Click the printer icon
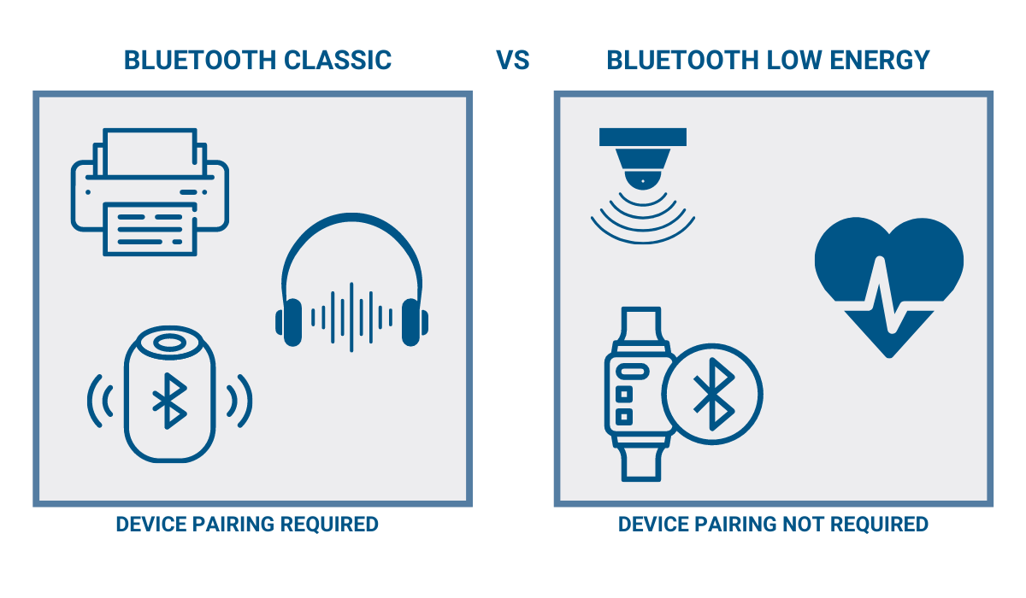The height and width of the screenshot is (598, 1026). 150,192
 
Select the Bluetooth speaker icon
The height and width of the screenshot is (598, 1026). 169,395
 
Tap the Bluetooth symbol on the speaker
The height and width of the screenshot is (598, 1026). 169,401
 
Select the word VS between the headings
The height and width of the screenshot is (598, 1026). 513,61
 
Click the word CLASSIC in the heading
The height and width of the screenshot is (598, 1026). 338,61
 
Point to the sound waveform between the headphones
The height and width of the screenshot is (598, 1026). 351,318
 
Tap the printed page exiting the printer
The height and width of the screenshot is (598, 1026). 150,229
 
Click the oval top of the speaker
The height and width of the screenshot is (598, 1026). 169,343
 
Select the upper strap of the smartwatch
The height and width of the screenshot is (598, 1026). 640,327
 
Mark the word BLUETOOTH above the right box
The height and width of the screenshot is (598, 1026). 681,61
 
